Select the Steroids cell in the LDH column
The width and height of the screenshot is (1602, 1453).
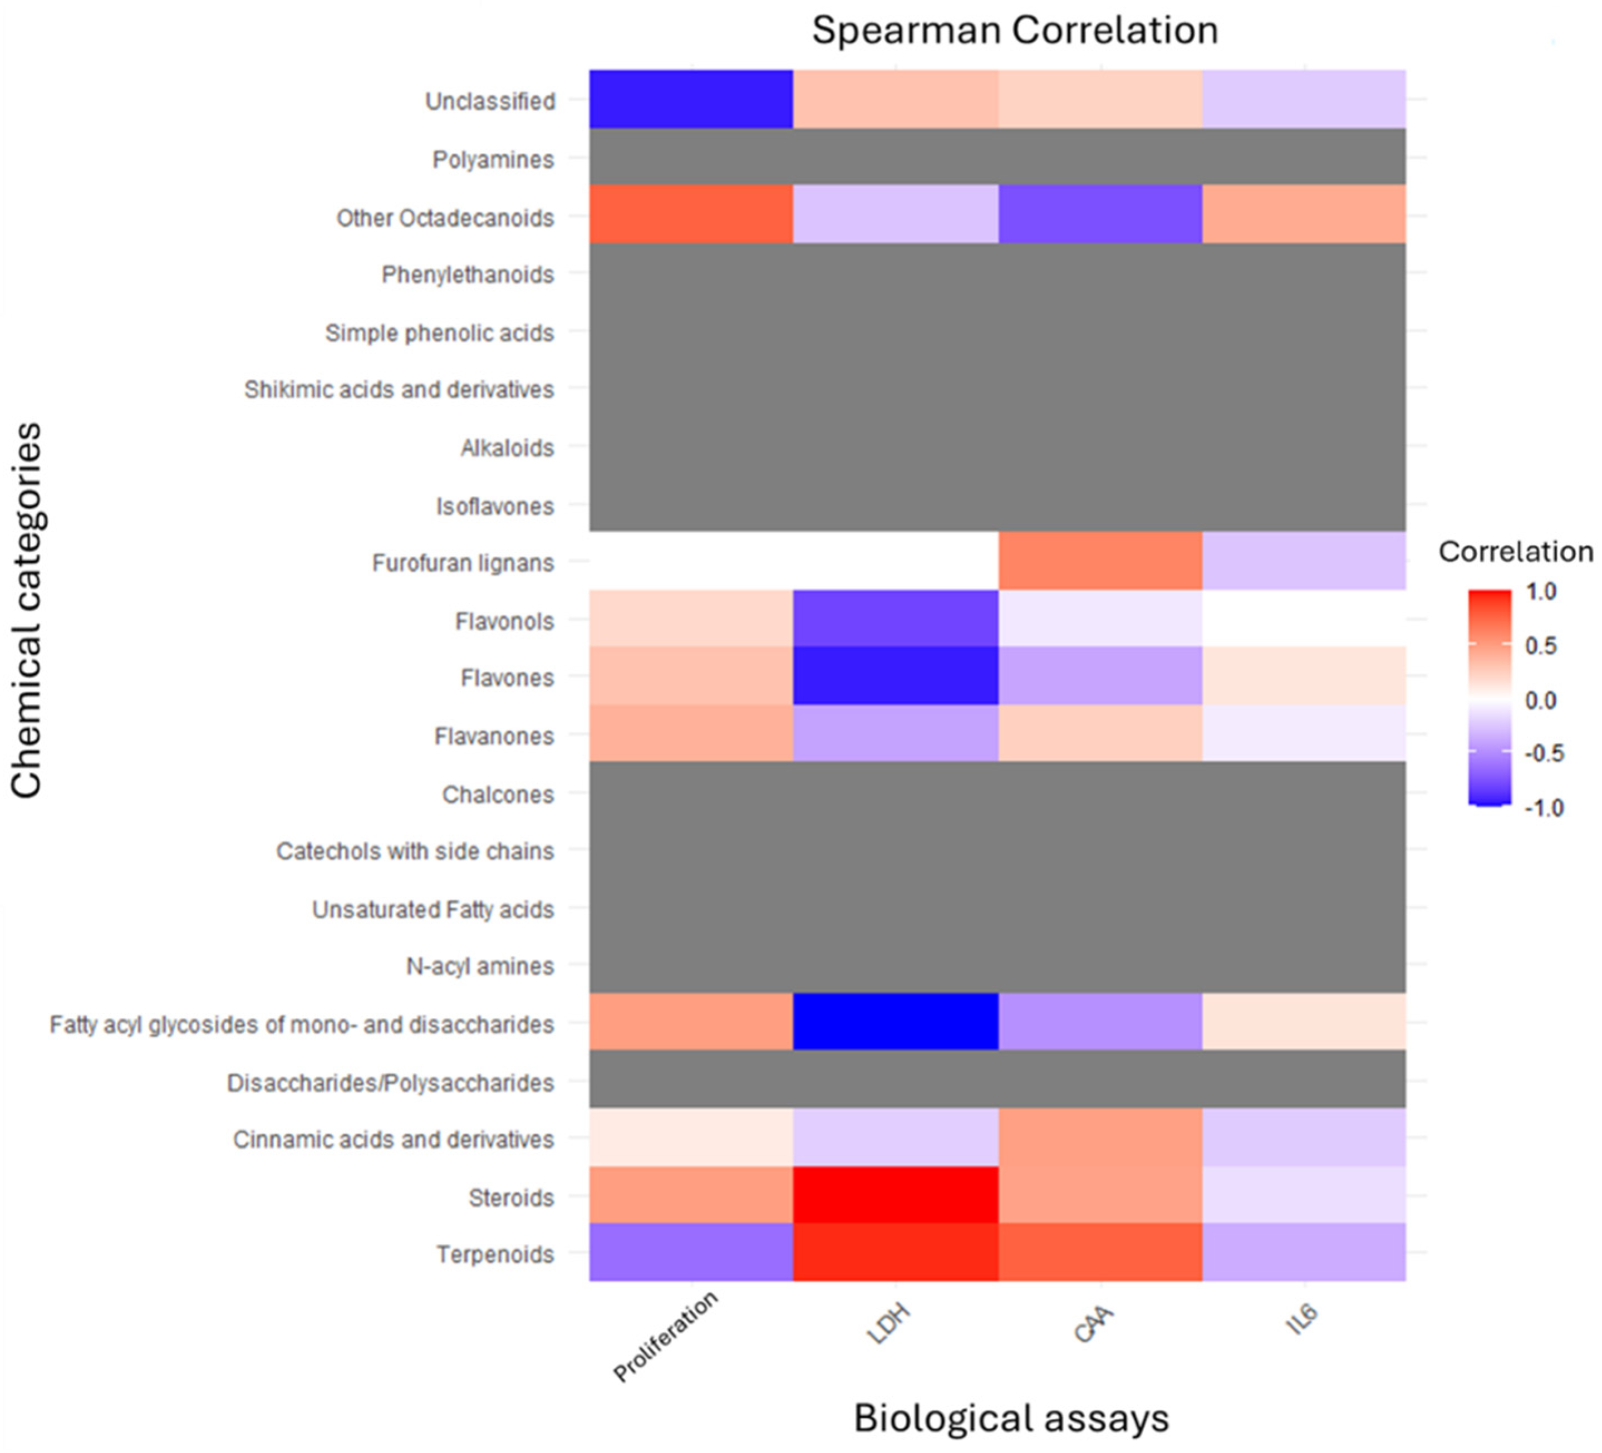click(x=896, y=1195)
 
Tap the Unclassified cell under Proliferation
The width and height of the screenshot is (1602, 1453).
click(x=691, y=99)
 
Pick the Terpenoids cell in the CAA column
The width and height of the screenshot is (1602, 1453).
click(x=1100, y=1252)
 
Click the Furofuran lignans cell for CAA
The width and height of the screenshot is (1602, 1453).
click(x=1100, y=561)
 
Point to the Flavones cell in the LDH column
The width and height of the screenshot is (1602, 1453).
click(x=896, y=676)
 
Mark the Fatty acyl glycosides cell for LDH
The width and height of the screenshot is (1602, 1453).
click(x=896, y=1022)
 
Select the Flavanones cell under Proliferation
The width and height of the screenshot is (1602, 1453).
click(x=691, y=734)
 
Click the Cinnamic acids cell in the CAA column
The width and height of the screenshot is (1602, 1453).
click(x=1100, y=1137)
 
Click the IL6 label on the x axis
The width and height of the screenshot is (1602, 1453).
click(x=1301, y=1319)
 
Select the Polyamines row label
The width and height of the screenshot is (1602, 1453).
click(x=493, y=160)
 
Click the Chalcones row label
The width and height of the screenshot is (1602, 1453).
click(x=498, y=794)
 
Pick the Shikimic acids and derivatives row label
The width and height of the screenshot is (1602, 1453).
click(x=399, y=390)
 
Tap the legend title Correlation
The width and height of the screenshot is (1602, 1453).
click(x=1515, y=552)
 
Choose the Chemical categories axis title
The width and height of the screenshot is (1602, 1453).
click(x=27, y=610)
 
